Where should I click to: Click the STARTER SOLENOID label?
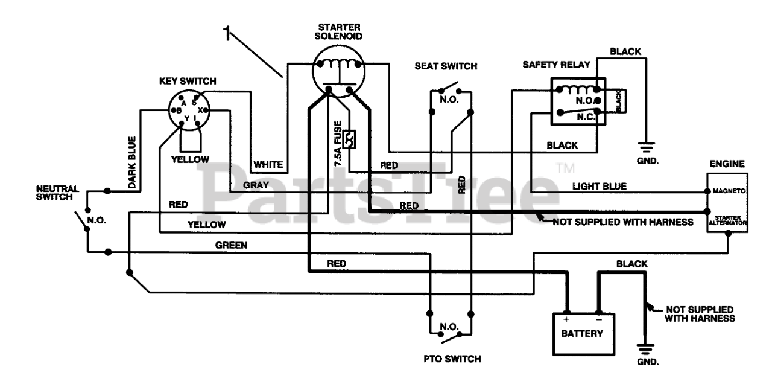click(x=338, y=32)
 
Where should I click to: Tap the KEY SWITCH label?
click(x=188, y=81)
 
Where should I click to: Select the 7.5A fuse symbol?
click(x=350, y=139)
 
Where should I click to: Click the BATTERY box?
click(x=583, y=334)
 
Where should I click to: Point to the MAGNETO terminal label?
click(x=729, y=191)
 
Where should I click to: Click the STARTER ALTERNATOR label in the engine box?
click(x=727, y=220)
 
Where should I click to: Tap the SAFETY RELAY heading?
click(x=556, y=65)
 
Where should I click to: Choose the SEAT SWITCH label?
click(x=446, y=66)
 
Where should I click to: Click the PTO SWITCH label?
click(x=452, y=359)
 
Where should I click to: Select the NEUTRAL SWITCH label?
click(x=57, y=193)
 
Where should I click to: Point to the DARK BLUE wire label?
click(x=132, y=162)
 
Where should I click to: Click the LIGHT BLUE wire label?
click(x=600, y=187)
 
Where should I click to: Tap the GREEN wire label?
click(x=231, y=245)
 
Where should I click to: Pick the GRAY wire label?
click(x=256, y=185)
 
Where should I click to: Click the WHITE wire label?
click(x=268, y=165)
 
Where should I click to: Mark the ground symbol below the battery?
click(x=645, y=349)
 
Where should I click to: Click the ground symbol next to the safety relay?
click(x=645, y=147)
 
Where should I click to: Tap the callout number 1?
click(x=226, y=33)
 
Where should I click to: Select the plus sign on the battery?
click(x=566, y=320)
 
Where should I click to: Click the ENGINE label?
click(x=727, y=164)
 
